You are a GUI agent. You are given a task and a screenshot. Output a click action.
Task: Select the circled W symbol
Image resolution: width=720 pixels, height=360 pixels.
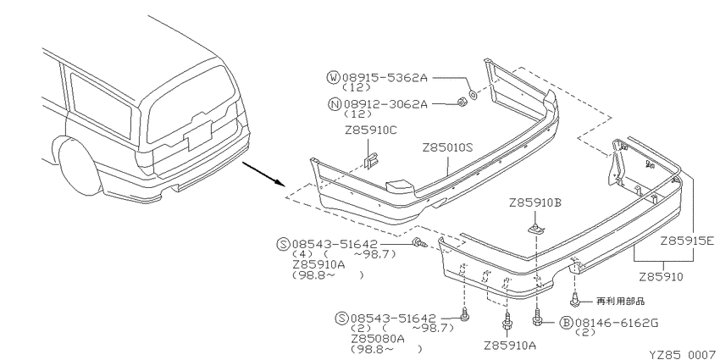(334, 77)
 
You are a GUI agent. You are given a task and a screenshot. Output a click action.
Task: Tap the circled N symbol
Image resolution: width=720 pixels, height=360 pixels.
(335, 104)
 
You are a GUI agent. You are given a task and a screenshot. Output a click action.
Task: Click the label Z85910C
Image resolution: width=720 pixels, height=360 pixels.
(371, 130)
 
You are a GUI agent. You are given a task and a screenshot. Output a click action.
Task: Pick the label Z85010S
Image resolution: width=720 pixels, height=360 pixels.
(448, 148)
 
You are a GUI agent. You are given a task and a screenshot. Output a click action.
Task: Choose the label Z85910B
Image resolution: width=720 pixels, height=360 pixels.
(535, 203)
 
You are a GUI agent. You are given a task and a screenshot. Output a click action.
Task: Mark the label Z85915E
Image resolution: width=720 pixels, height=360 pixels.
(688, 241)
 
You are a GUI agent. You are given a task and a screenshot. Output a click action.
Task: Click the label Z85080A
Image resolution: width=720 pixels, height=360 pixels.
(378, 339)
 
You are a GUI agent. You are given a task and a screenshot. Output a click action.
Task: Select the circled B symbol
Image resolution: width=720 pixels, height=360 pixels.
(566, 323)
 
